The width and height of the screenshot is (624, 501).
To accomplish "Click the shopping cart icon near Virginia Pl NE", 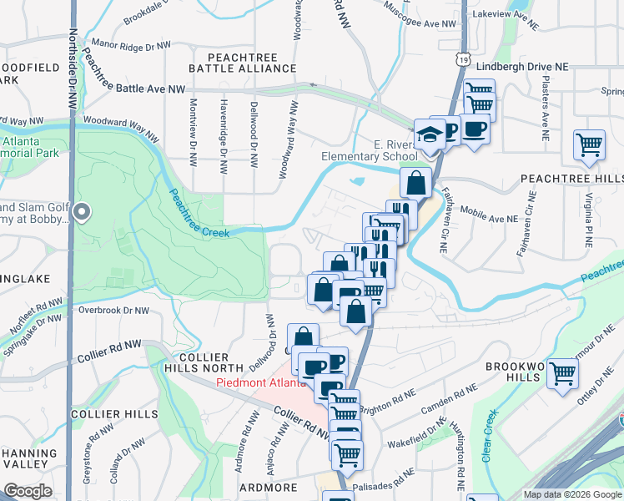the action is pos(589,145).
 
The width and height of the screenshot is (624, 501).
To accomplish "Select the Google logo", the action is pos(27,491).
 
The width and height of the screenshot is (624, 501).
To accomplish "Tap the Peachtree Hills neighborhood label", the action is pos(571,180).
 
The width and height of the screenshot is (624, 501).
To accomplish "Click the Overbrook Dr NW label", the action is pos(113,311).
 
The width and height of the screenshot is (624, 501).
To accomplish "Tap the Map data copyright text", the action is pos(572,494).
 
